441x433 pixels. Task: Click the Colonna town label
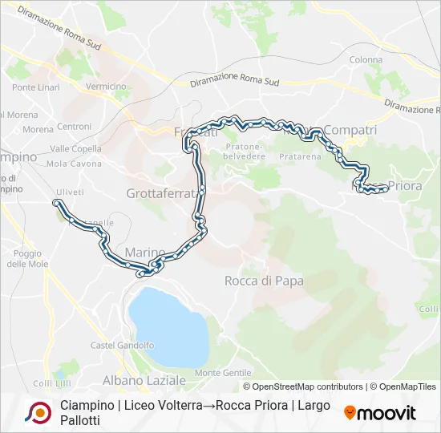[366, 59]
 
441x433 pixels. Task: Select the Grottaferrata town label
[160, 193]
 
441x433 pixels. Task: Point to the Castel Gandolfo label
[123, 346]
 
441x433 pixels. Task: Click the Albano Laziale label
[144, 379]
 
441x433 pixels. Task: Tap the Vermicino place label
[106, 87]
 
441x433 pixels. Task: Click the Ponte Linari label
[35, 87]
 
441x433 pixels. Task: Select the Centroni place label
[74, 127]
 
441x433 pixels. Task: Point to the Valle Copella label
[75, 148]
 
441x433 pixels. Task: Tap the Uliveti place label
[70, 192]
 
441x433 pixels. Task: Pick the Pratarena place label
[300, 157]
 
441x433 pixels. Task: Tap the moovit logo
[380, 413]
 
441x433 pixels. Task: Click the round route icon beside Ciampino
[38, 412]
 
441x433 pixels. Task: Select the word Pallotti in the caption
[80, 420]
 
